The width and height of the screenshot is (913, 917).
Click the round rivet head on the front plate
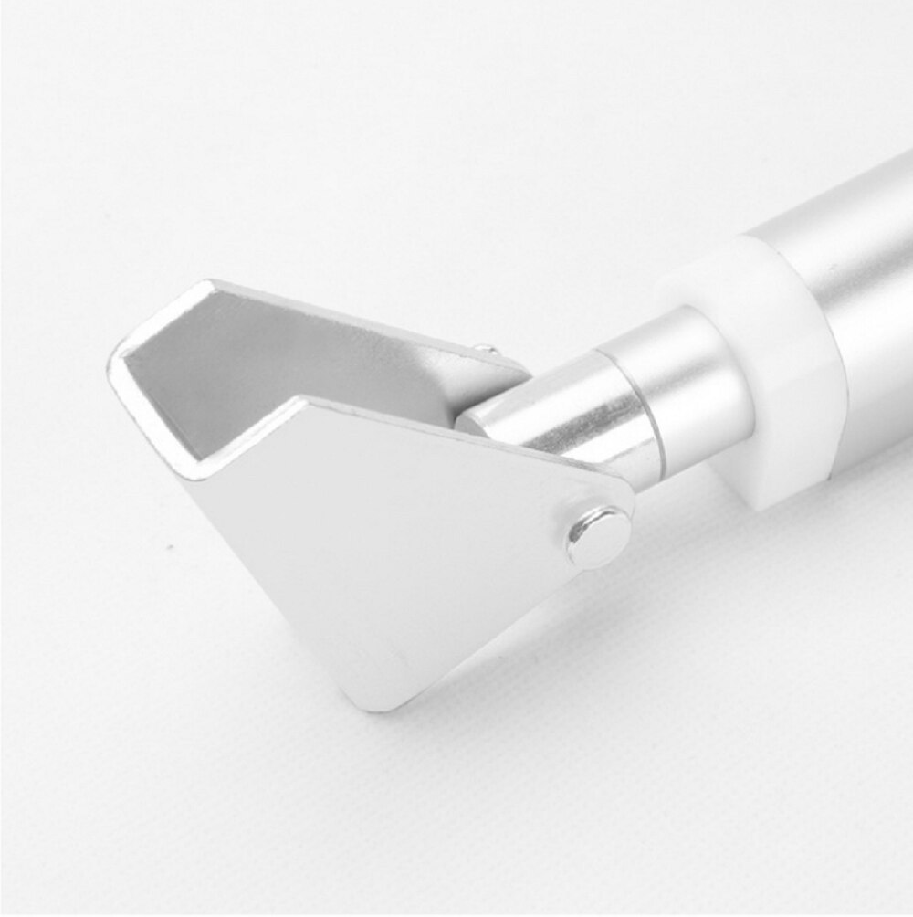click(599, 536)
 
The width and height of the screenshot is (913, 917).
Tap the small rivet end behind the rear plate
click(487, 348)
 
